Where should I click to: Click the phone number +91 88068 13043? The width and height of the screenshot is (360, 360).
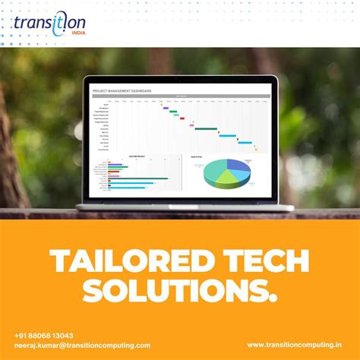43,335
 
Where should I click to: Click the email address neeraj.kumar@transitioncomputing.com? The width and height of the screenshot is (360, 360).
82,346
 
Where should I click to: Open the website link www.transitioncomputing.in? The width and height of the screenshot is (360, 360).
294,346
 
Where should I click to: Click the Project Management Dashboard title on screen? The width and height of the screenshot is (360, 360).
122,90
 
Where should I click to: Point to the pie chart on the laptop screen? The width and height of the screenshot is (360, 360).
226,172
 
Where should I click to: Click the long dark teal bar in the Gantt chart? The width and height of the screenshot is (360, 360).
206,129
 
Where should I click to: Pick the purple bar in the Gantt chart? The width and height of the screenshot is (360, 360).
166,108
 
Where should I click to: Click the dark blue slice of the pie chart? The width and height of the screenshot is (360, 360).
238,165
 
